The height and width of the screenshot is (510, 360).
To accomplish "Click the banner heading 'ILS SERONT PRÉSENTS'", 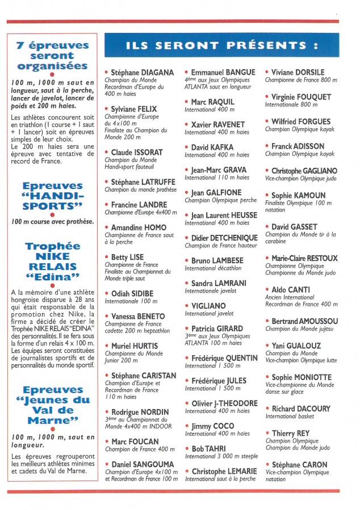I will (x=221, y=45).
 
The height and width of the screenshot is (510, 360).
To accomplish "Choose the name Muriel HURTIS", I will (x=135, y=345).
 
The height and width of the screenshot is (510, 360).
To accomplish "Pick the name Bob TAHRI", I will (x=208, y=449).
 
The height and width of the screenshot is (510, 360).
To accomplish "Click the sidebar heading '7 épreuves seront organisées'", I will (x=52, y=56).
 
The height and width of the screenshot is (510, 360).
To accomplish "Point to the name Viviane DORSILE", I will (x=298, y=73).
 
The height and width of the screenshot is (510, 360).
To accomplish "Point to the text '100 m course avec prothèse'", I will (x=52, y=221).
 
